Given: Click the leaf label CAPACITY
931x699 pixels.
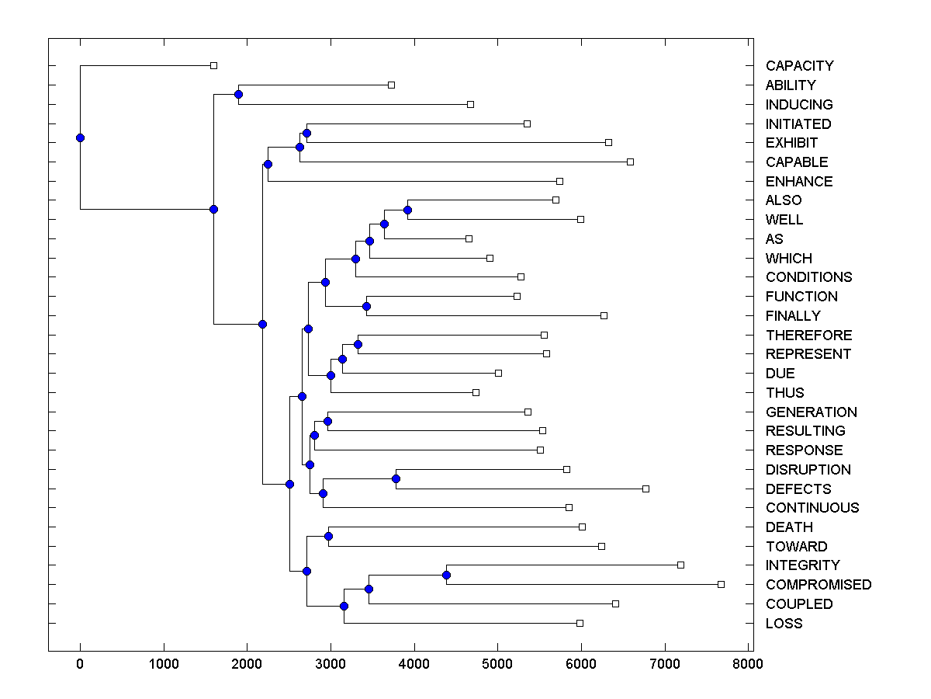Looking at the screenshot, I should tap(799, 66).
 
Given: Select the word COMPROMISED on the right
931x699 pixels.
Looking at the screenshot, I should tap(818, 585).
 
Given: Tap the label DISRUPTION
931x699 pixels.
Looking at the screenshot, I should tap(808, 470).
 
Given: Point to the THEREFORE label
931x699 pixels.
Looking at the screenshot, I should tap(808, 336).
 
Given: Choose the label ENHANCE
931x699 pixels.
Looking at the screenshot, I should tap(798, 182).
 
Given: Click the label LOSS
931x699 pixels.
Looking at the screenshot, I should tap(784, 624).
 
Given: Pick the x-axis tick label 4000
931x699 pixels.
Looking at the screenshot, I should tap(414, 663).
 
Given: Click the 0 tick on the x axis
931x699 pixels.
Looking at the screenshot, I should tap(80, 663).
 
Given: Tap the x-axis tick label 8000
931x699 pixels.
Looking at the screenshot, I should tap(748, 663).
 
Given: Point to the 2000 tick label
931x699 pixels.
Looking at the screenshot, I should tap(247, 663).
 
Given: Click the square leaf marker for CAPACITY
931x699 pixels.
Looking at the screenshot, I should tap(214, 66).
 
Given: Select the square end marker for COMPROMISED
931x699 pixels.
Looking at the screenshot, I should tap(721, 584).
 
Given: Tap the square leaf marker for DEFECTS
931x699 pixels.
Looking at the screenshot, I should tap(645, 489).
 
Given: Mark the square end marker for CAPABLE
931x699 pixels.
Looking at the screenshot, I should tap(630, 162).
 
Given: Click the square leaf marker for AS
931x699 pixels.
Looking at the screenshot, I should tap(469, 238).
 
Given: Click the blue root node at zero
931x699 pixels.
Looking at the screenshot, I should tap(80, 138).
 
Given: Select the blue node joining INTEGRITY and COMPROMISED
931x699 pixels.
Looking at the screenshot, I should tap(446, 575).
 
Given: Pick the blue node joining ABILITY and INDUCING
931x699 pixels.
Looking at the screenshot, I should tap(239, 95).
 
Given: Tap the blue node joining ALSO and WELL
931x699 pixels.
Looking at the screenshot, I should tap(407, 210).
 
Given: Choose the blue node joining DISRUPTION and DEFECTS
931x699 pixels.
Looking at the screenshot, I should tap(396, 479).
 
